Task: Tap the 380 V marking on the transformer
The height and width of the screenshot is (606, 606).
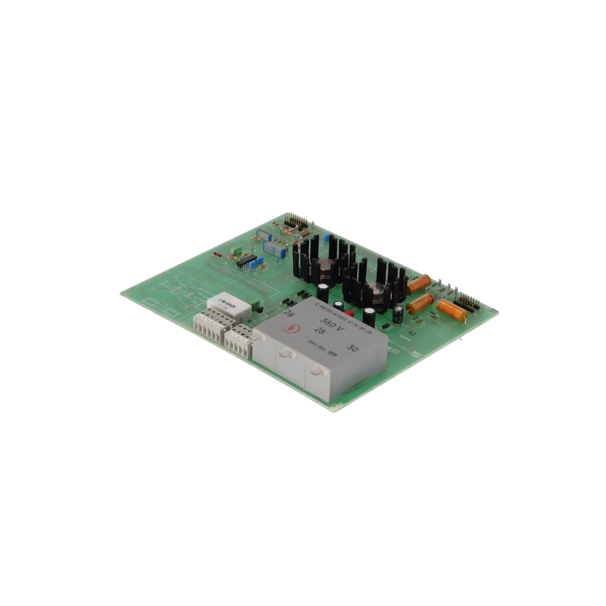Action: coord(330,323)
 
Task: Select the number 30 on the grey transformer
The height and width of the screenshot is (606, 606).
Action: coord(352,348)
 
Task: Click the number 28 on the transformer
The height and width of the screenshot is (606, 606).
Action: coord(320,331)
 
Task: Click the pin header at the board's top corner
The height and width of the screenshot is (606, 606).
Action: coord(296,221)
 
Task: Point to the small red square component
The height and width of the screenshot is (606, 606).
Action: coord(350,313)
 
